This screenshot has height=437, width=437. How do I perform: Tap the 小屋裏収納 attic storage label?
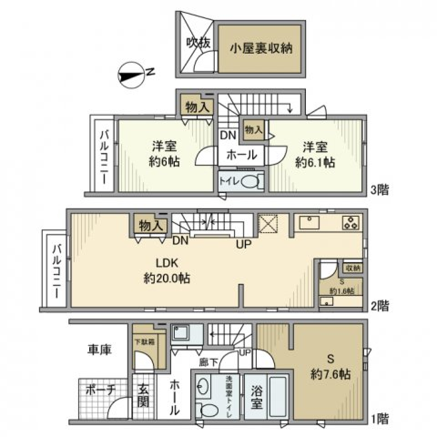(260, 48)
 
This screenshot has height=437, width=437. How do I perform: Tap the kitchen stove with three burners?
(351, 223)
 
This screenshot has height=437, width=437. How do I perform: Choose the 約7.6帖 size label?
(330, 374)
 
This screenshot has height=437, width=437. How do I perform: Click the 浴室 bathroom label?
(256, 396)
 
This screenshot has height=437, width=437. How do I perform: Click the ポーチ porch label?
(101, 391)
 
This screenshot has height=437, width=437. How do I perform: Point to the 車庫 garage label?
(100, 349)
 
